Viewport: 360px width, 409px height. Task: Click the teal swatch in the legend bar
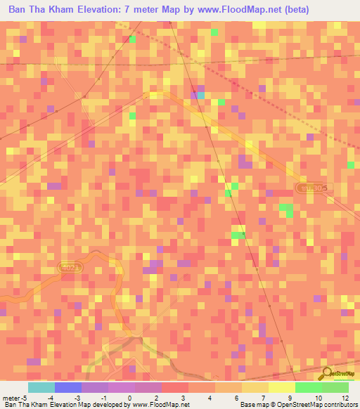41,387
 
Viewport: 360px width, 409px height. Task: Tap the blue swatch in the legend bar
67,387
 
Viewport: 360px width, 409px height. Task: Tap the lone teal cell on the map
200,95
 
